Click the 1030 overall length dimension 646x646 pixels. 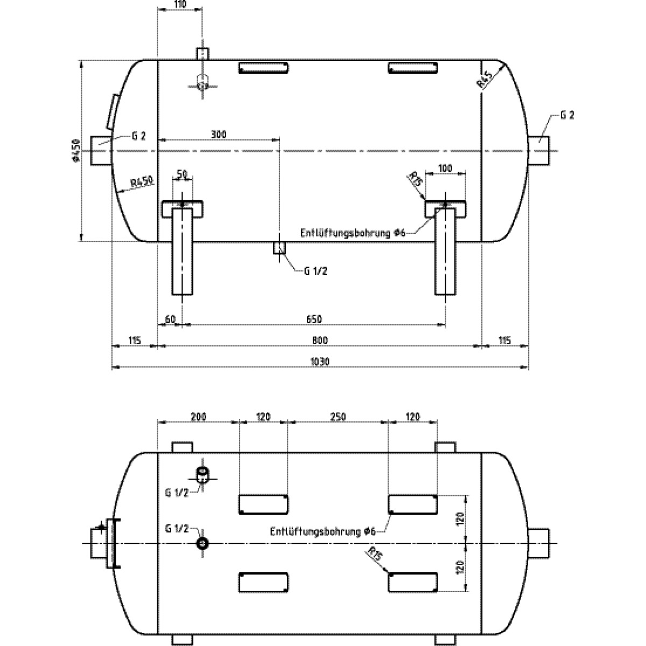pos(320,361)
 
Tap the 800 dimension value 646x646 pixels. pos(320,340)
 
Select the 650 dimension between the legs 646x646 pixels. pos(314,319)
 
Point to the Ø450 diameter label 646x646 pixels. pos(75,151)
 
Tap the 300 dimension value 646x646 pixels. pos(218,134)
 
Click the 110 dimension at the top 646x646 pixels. pos(180,4)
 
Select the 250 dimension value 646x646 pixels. pos(336,416)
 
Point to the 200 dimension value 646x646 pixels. pos(198,416)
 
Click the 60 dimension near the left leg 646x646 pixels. pos(170,319)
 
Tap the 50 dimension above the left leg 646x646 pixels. pos(182,173)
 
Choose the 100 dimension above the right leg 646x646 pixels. pos(445,168)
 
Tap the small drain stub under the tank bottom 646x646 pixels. pos(279,248)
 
